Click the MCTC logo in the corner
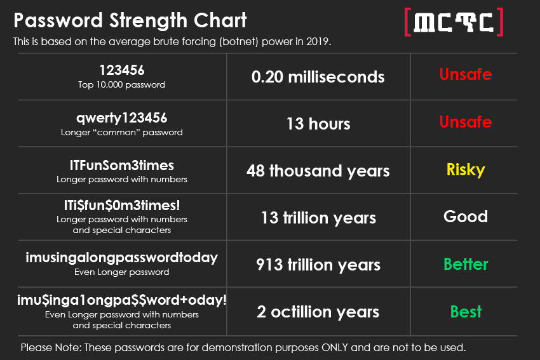point(454,22)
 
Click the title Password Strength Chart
point(130,20)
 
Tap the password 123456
point(122,70)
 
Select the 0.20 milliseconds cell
point(318,77)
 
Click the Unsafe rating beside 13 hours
point(466,122)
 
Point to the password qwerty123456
point(121,118)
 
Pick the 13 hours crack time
point(318,124)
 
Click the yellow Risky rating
point(466,170)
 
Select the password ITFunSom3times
point(121,166)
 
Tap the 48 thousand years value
point(318,171)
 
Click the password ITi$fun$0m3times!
point(122,206)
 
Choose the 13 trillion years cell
point(318,218)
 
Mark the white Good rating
point(466,217)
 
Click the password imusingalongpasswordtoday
point(121,258)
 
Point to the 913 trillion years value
point(318,265)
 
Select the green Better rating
point(466,264)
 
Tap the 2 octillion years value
point(318,312)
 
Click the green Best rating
point(466,312)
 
